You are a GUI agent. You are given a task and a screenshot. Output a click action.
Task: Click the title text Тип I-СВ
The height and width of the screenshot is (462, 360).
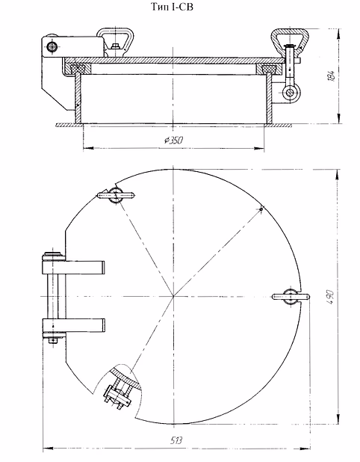tap(173, 7)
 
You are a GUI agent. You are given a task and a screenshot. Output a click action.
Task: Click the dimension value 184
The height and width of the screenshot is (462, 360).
tap(331, 76)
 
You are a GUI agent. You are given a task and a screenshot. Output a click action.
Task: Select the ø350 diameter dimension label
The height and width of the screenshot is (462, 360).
tap(174, 140)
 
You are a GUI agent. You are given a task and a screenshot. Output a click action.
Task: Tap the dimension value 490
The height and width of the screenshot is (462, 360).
tap(329, 297)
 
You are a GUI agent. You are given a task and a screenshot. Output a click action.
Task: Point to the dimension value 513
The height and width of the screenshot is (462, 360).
tap(176, 440)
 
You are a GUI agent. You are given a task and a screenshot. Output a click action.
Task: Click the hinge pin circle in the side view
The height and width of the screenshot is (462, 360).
tap(52, 46)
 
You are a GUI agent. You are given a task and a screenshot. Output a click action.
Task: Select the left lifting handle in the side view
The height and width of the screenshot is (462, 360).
tap(115, 41)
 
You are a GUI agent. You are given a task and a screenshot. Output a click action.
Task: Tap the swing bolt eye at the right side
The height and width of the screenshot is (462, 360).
tap(291, 93)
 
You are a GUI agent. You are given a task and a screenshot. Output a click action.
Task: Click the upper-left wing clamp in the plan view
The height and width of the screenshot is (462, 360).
tap(115, 195)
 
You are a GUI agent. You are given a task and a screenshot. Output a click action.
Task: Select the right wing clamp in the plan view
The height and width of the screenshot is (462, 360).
tap(291, 296)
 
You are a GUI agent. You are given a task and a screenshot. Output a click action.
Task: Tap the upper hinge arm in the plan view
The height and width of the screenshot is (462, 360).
tap(74, 267)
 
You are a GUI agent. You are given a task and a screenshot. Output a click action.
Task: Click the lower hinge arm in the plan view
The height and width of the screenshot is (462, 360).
tap(74, 324)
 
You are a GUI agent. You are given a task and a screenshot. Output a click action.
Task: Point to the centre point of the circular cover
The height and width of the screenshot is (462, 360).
tap(174, 296)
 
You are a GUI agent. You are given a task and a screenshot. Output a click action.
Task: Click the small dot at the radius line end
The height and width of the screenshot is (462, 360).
tap(261, 209)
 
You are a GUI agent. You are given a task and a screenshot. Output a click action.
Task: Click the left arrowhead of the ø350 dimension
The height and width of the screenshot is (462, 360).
tap(88, 148)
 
